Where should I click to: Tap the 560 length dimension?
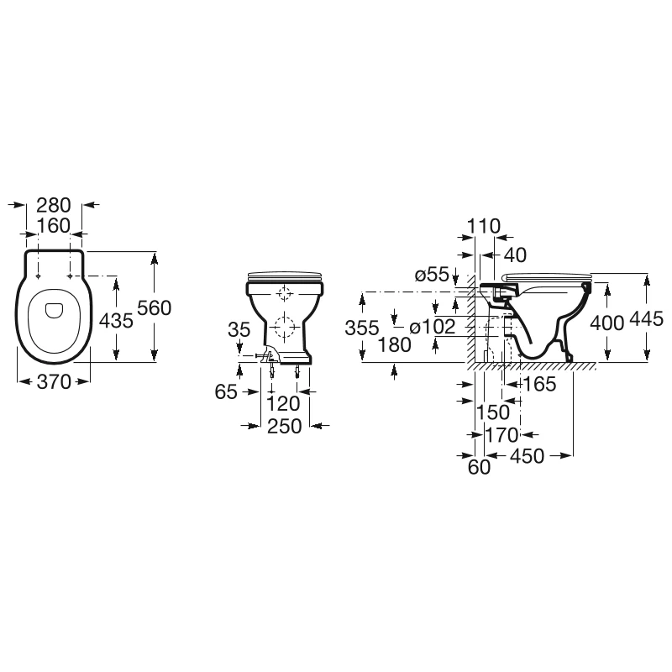pos(155,308)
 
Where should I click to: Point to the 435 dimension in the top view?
pos(117,320)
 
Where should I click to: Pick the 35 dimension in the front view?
pos(239,330)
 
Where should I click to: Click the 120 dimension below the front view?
pos(284,404)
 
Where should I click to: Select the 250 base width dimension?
pos(284,427)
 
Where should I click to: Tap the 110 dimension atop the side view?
pos(485,225)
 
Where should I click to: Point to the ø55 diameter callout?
pos(433,274)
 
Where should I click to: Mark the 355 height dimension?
pos(362,328)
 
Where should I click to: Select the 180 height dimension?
pos(394,344)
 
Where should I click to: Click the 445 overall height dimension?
pos(647,320)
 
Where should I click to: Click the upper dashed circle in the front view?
pos(284,295)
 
